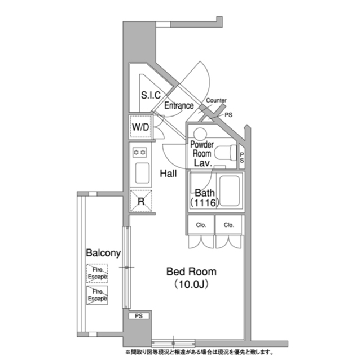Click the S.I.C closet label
(151, 95)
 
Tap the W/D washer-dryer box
(140, 127)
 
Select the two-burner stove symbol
(140, 153)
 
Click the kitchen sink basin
(142, 173)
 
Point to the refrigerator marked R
(141, 201)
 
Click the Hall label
(168, 174)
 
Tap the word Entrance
(179, 105)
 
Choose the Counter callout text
(216, 100)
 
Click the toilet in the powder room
(225, 153)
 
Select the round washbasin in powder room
(200, 134)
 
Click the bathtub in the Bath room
(230, 191)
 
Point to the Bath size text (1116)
(204, 203)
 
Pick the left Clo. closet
(201, 225)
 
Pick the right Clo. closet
(228, 225)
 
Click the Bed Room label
(191, 272)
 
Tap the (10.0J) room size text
(191, 285)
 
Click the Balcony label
(103, 253)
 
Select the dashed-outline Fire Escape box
(97, 273)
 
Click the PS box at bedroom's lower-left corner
(139, 316)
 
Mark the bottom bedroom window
(173, 343)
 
